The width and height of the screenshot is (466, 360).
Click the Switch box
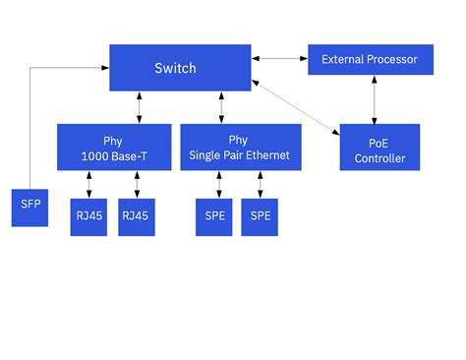pyautogui.click(x=178, y=68)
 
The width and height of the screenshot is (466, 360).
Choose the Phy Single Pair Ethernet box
pyautogui.click(x=239, y=148)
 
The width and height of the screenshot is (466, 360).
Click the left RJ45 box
pyautogui.click(x=88, y=216)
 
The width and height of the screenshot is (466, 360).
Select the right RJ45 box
pyautogui.click(x=136, y=216)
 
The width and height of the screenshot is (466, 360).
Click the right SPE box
pyautogui.click(x=260, y=216)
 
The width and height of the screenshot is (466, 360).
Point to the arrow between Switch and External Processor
pyautogui.click(x=278, y=60)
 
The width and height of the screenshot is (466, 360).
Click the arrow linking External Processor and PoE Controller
pyautogui.click(x=373, y=100)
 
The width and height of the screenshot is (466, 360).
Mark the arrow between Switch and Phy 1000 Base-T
pyautogui.click(x=139, y=107)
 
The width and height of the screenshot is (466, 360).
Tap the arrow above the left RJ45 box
pyautogui.click(x=88, y=185)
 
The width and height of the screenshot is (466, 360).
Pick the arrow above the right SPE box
pyautogui.click(x=260, y=185)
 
